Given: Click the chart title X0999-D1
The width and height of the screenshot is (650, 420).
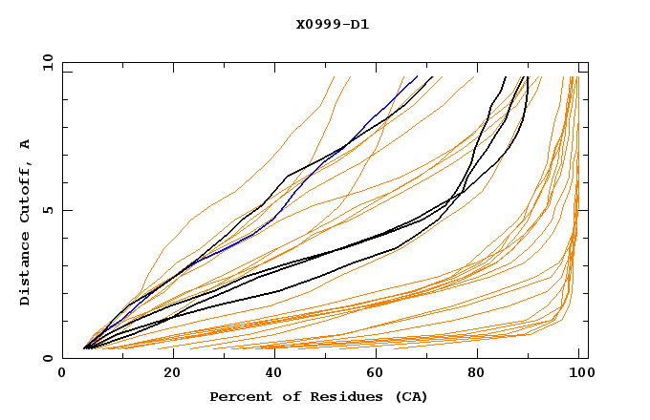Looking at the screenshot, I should coord(332,24).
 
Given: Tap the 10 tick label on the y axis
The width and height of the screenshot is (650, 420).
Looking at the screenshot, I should coord(46,62).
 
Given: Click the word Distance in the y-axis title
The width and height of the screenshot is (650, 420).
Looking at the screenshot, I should coord(25,271).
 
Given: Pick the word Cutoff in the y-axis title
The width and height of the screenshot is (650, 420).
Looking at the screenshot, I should coord(25,195).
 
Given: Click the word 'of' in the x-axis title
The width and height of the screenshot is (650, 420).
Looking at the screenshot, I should coord(281,396).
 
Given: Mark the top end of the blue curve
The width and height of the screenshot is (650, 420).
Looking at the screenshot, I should coord(417,76).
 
